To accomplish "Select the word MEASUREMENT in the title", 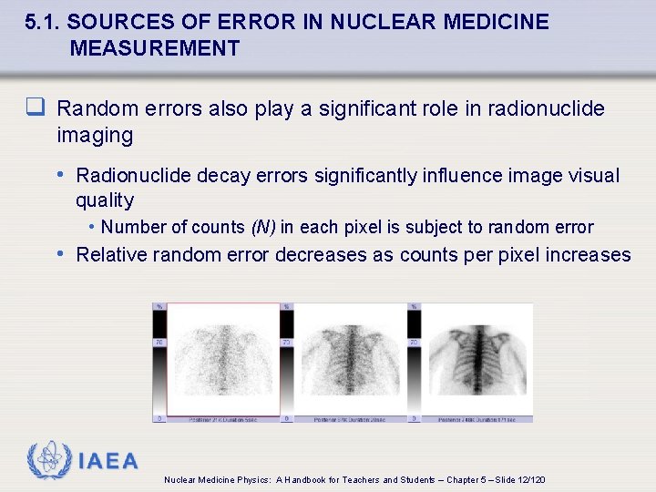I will tap(155, 48).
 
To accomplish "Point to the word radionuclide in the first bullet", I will tap(546, 109).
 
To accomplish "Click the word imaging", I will tap(95, 136).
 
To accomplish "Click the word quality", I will tap(105, 200).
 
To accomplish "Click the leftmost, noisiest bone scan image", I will tap(222, 359).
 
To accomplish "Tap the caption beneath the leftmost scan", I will tap(222, 420).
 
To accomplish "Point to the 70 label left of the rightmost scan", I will tap(414, 343).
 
